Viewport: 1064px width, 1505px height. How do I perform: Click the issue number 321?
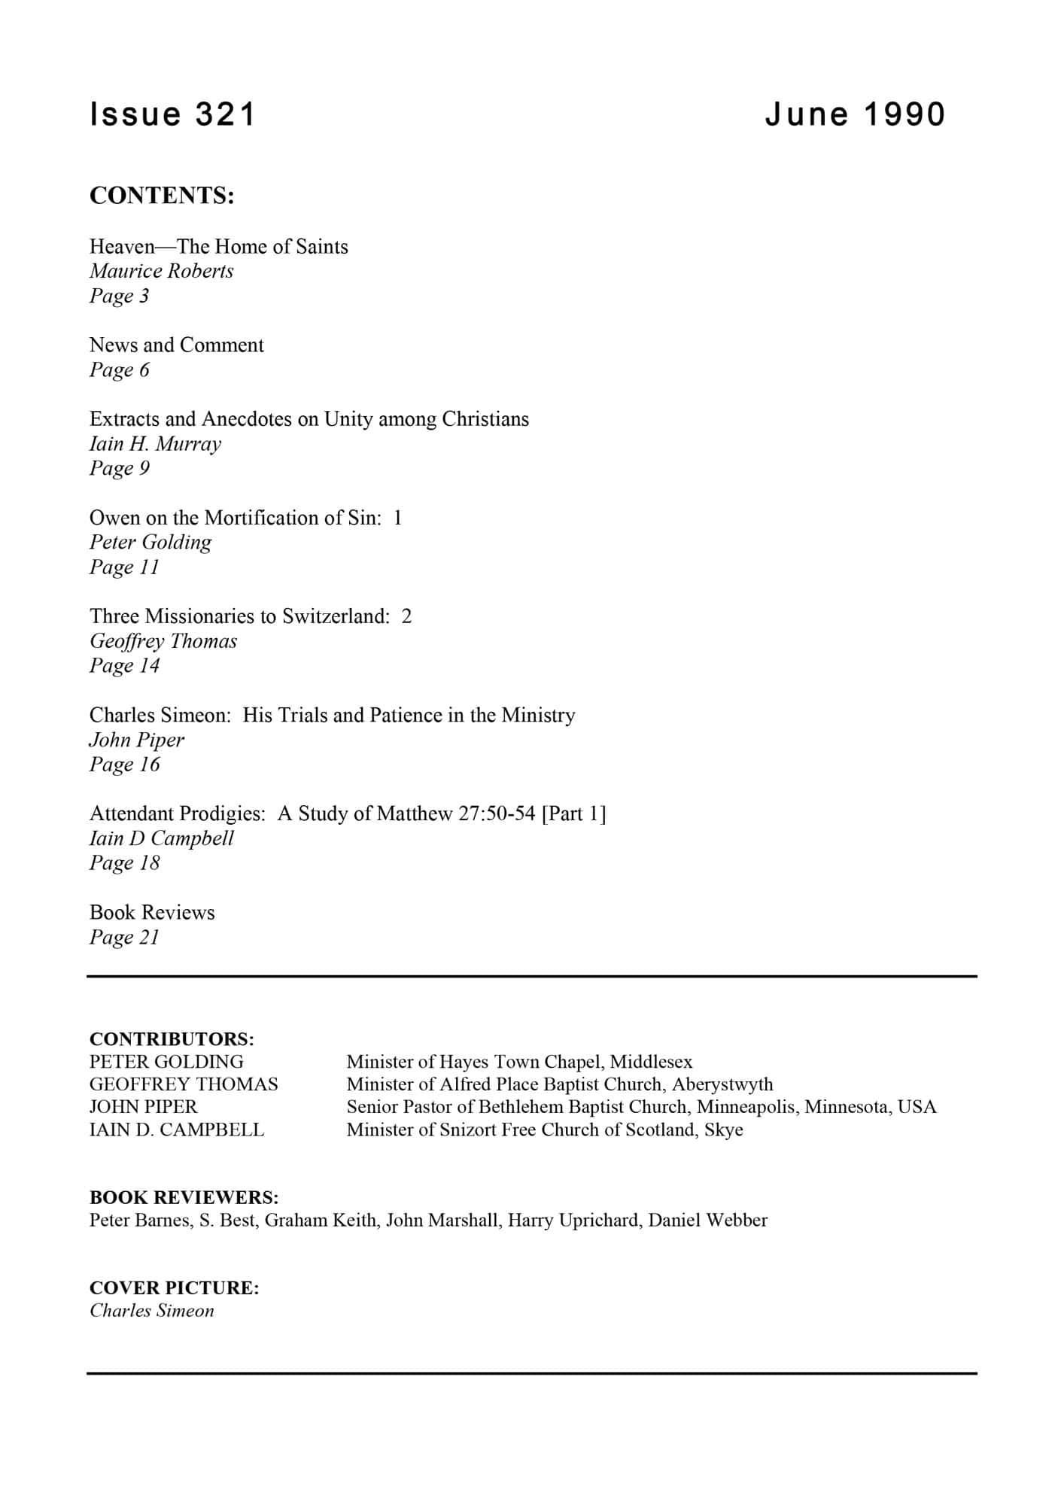click(226, 114)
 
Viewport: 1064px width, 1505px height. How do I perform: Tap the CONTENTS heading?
click(162, 196)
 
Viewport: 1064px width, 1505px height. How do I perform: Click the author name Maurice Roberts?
click(161, 271)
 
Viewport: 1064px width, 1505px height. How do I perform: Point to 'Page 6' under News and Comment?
click(119, 369)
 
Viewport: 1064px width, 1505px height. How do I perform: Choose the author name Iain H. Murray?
click(155, 444)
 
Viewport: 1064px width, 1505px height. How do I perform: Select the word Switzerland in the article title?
click(336, 616)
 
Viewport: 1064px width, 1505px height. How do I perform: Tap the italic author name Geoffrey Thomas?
click(163, 641)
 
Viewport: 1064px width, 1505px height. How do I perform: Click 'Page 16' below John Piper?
click(124, 765)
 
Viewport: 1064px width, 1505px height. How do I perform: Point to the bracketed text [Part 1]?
click(573, 813)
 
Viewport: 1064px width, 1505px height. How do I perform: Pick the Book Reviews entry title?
click(152, 912)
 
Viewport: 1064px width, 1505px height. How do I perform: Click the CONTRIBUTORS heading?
click(172, 1039)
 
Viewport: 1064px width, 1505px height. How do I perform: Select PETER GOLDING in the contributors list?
click(166, 1062)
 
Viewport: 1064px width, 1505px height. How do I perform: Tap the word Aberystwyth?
click(722, 1084)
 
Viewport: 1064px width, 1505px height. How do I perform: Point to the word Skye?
click(724, 1130)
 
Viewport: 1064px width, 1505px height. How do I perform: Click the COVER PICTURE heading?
click(174, 1288)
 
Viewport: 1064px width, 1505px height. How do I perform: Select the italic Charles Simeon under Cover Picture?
click(152, 1311)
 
